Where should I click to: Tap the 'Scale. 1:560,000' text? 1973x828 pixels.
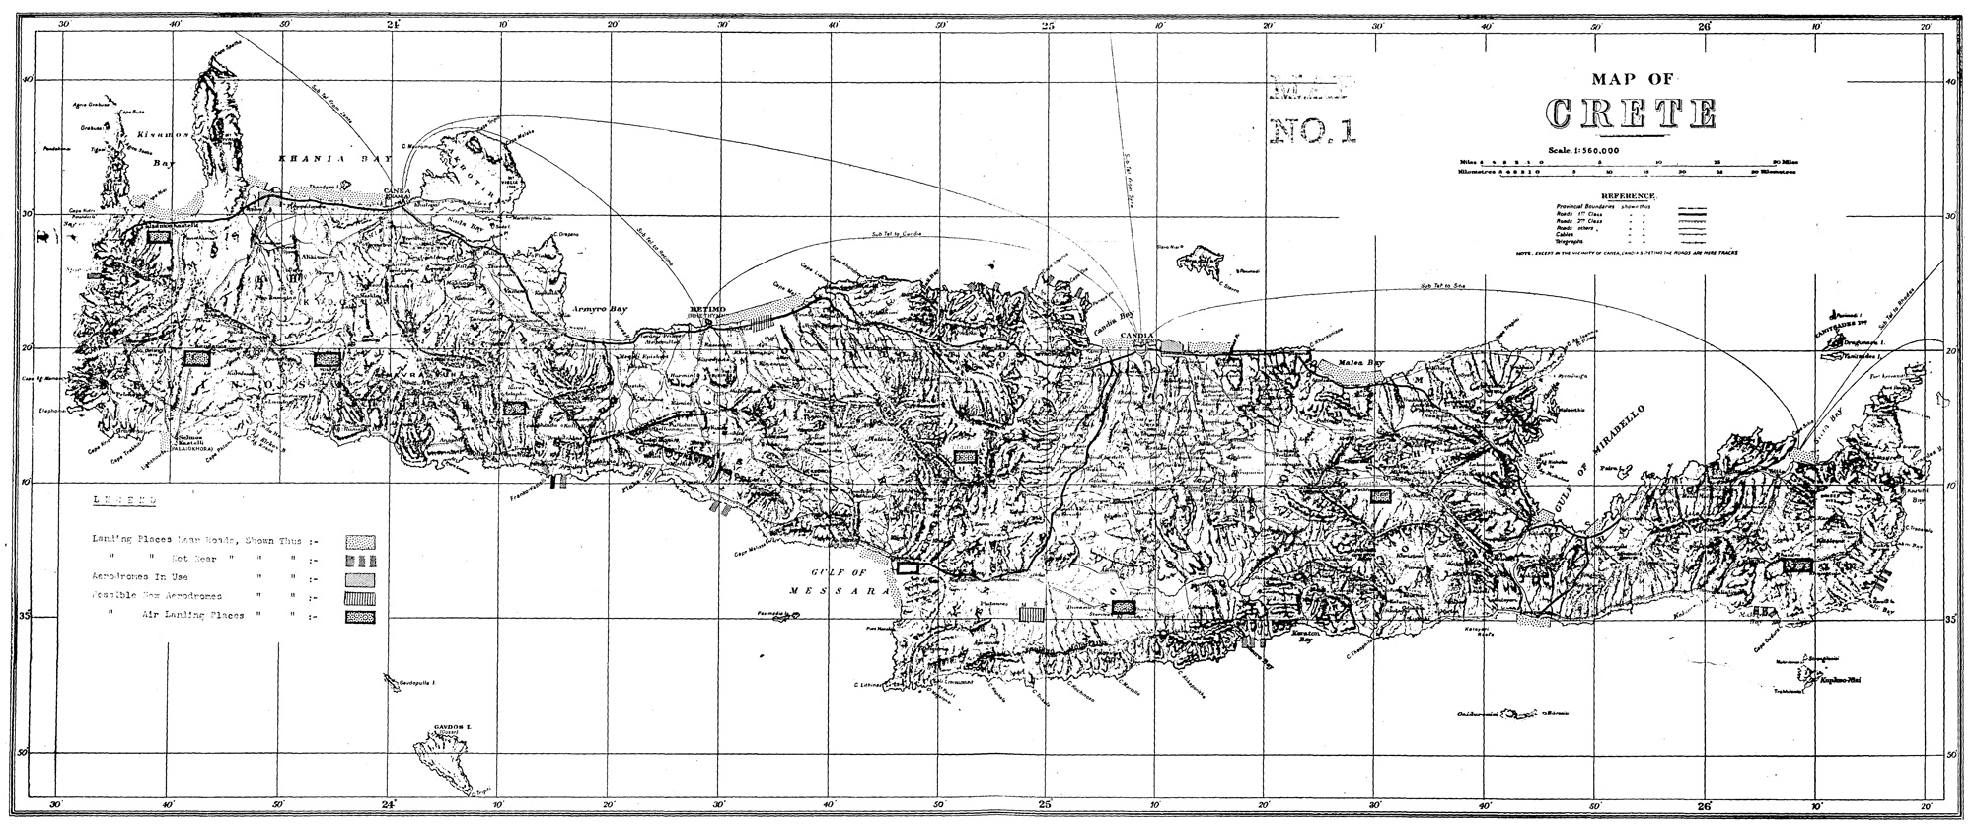click(1590, 150)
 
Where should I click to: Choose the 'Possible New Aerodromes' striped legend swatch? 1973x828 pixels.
click(360, 597)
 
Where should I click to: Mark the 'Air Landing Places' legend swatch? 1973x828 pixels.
click(360, 617)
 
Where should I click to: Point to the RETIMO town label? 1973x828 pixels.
click(709, 310)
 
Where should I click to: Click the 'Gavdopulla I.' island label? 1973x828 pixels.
click(413, 682)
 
